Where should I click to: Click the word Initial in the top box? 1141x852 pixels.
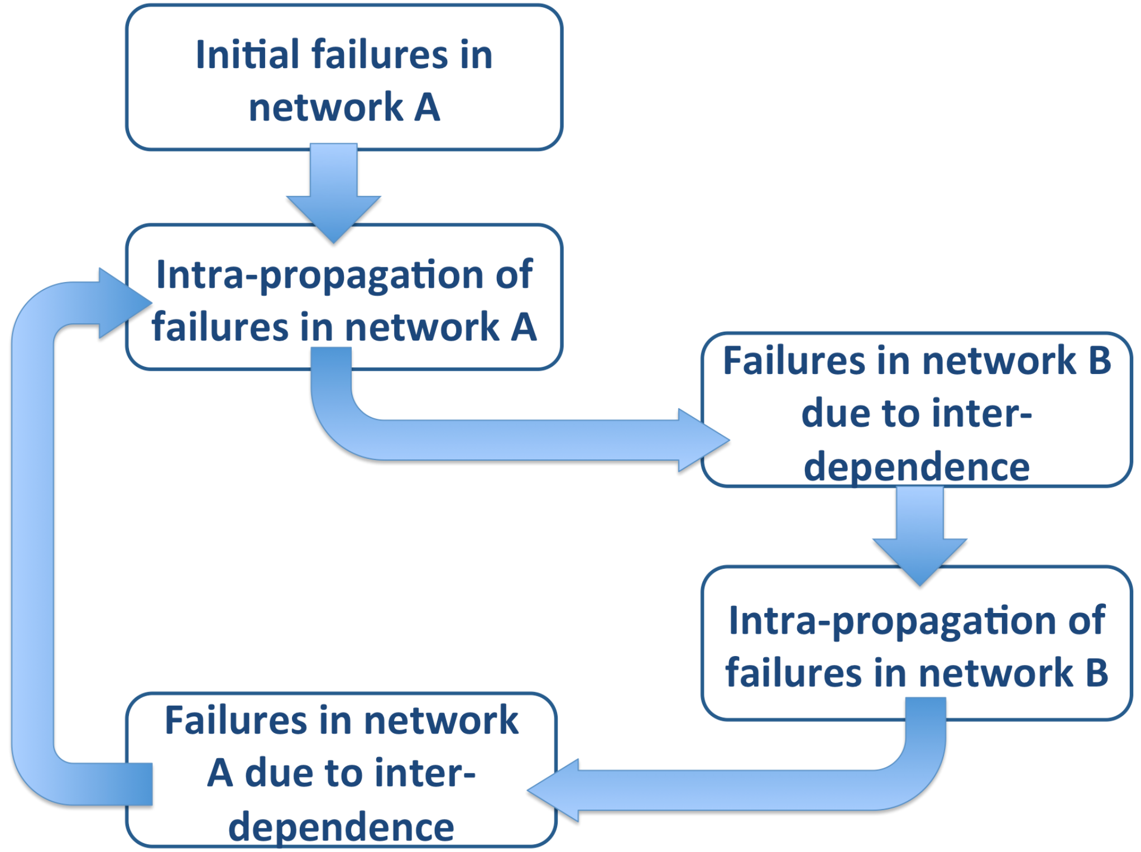click(x=248, y=55)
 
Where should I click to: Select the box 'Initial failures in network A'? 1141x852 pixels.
click(x=344, y=77)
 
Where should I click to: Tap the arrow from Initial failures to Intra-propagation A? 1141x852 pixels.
click(x=334, y=193)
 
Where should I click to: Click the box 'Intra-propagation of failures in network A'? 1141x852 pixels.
click(x=344, y=297)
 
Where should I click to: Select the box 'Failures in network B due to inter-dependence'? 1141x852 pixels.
click(x=917, y=410)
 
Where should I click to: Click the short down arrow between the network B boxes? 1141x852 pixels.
click(x=920, y=535)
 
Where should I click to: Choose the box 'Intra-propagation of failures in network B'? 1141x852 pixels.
click(x=917, y=643)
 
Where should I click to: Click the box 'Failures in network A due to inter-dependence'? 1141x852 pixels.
click(x=341, y=770)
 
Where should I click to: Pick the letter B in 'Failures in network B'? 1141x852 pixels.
click(x=1099, y=361)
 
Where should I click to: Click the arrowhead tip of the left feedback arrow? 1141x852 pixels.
click(x=152, y=303)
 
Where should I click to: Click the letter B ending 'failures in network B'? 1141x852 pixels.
click(x=1097, y=673)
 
